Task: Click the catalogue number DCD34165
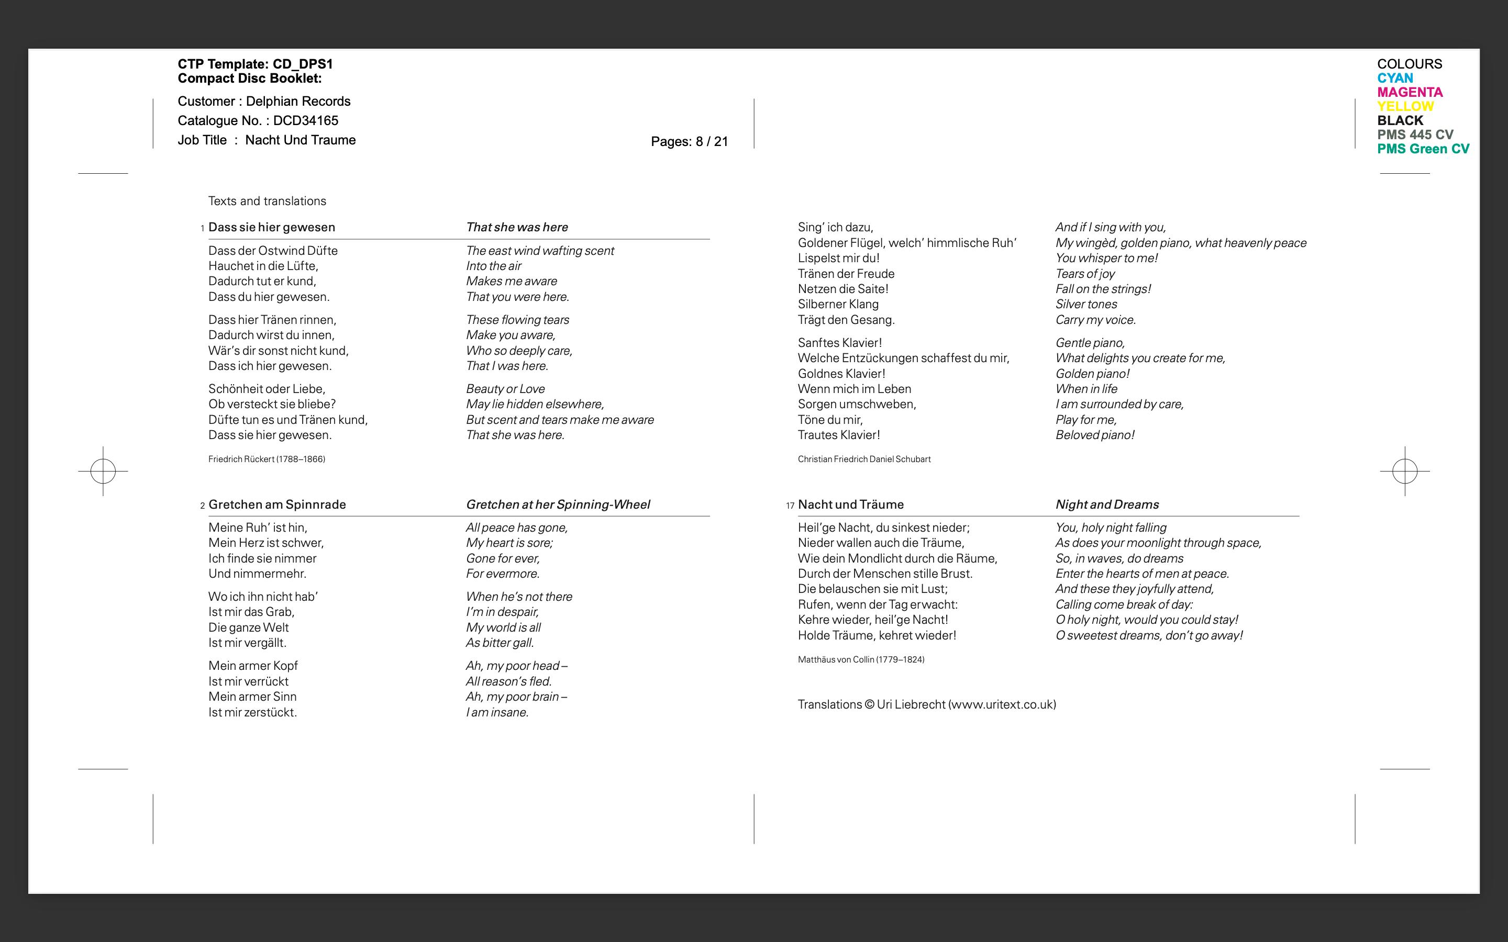point(305,121)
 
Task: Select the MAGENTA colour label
point(1410,92)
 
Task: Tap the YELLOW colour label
point(1405,107)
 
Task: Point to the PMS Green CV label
point(1423,149)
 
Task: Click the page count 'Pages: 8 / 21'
point(689,142)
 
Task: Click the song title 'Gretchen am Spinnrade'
point(276,504)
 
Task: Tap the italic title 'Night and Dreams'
point(1107,504)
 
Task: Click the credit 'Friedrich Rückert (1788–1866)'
point(267,459)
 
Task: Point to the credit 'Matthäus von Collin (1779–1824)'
point(861,660)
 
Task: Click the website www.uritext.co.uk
point(1001,704)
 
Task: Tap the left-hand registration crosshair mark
point(103,471)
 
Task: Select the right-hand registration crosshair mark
point(1404,471)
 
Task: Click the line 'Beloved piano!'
point(1094,435)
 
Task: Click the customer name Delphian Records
point(298,102)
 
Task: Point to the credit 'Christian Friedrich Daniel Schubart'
point(863,459)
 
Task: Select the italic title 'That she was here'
point(517,228)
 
